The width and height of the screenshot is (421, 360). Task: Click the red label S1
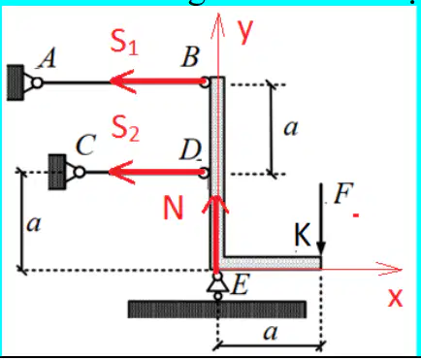[124, 42]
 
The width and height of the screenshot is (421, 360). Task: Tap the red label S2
[125, 128]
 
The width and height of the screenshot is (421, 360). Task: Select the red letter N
[173, 208]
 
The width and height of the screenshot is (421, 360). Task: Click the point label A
[48, 60]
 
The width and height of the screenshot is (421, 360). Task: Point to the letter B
[190, 57]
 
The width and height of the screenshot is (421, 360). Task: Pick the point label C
[85, 145]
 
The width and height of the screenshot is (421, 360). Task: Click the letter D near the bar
[190, 150]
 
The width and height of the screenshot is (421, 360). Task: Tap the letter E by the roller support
[240, 285]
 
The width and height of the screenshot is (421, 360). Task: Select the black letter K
[303, 235]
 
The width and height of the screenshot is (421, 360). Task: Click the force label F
[342, 193]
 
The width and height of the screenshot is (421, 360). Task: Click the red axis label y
[244, 32]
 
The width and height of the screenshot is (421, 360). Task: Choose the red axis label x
[395, 298]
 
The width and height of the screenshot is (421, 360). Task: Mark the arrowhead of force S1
[122, 82]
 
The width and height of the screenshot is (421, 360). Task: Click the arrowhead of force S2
[121, 172]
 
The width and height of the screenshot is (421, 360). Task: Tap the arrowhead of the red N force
[215, 204]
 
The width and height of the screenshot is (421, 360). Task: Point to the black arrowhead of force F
[321, 248]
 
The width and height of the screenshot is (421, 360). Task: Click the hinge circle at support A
[38, 82]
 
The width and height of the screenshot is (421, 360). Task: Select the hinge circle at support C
[80, 172]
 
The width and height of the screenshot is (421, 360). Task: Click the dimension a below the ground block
[270, 333]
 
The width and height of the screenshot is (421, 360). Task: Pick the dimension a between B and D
[290, 128]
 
